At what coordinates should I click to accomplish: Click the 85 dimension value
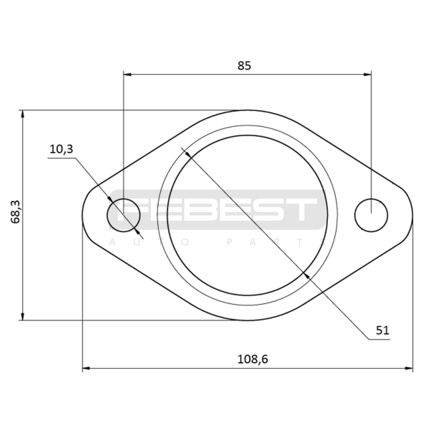(x=244, y=66)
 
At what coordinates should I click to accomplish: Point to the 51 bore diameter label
(x=383, y=330)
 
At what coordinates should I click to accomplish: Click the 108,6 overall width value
(x=253, y=359)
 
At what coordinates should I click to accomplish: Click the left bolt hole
(x=124, y=215)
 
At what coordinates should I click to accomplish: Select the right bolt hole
(x=371, y=215)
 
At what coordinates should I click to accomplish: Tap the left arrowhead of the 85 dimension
(x=128, y=74)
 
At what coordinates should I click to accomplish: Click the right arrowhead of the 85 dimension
(x=367, y=74)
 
